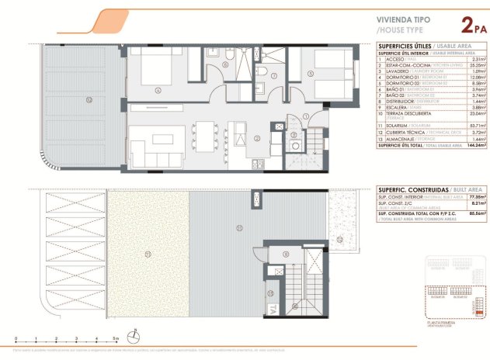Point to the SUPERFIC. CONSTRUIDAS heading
point(412,189)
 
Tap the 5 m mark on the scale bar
point(114,339)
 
